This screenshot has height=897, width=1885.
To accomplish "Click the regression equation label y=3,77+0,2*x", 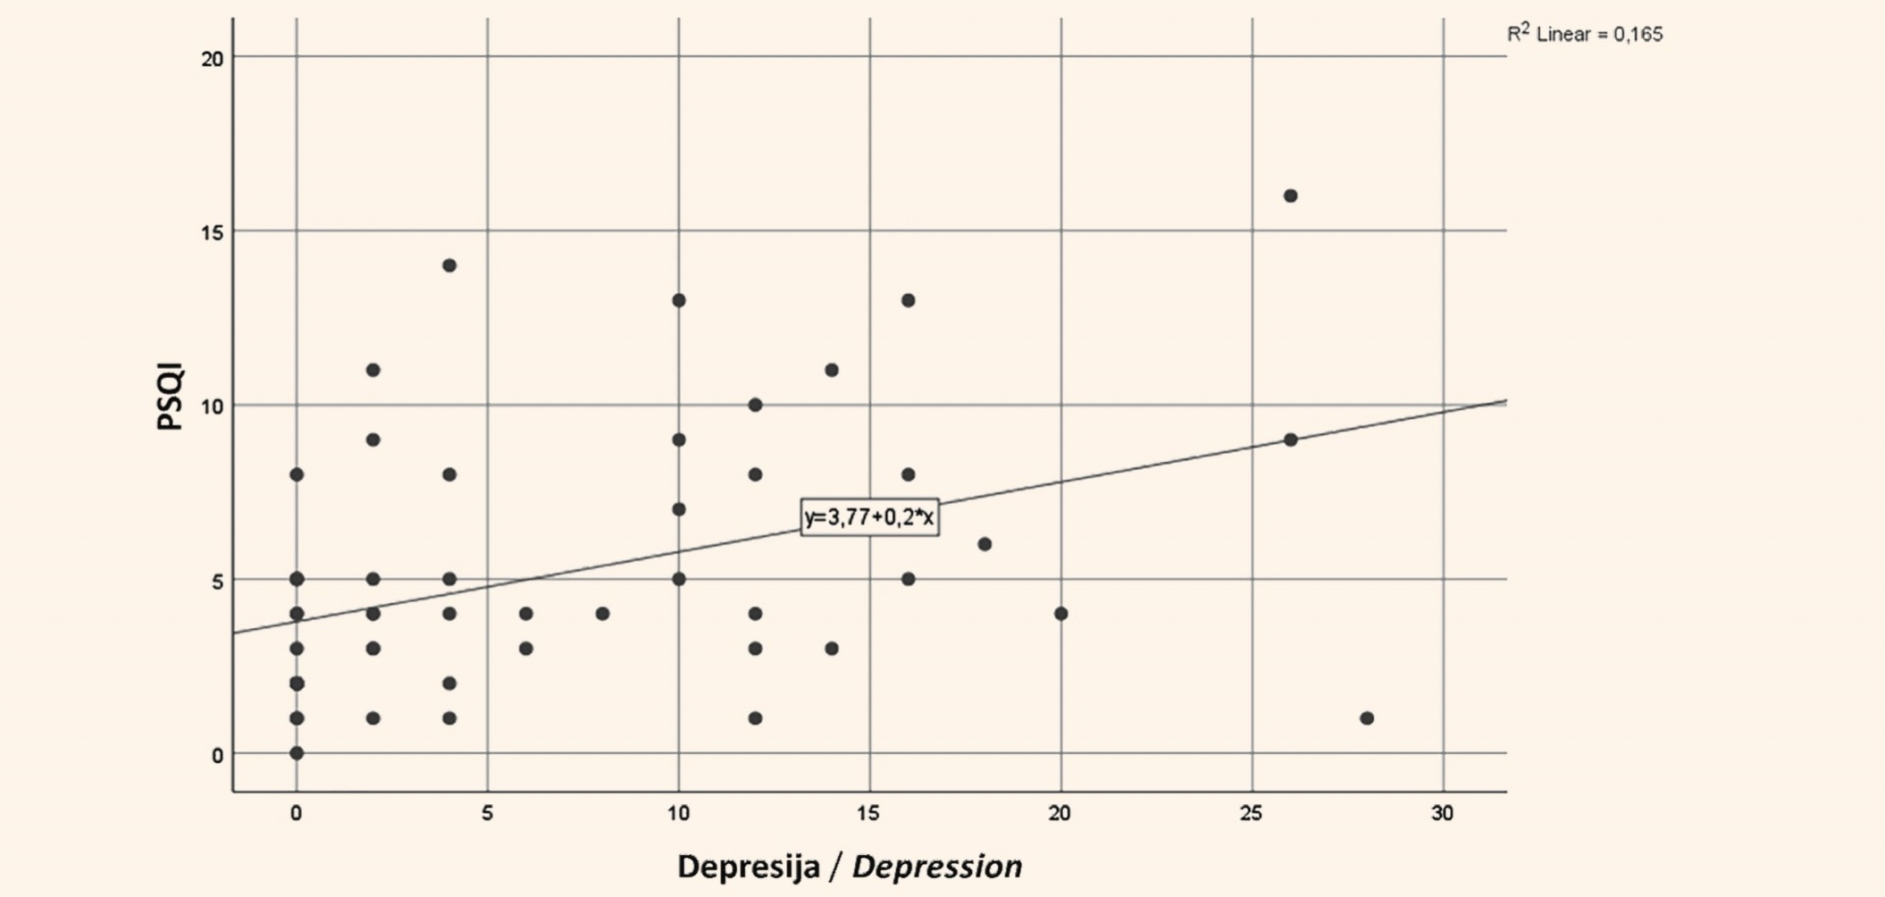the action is click(x=869, y=517).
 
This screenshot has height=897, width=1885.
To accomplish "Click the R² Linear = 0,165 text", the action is click(x=1585, y=34).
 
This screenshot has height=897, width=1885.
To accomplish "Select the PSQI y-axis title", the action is click(x=169, y=397).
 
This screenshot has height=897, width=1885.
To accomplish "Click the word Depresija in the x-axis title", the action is click(x=749, y=866).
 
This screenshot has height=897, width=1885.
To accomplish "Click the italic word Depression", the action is click(x=936, y=866).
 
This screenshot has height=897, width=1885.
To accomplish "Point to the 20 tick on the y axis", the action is click(x=213, y=58).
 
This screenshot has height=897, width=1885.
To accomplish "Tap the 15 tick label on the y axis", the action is click(x=213, y=231).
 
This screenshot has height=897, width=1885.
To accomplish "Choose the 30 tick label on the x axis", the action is click(x=1442, y=813).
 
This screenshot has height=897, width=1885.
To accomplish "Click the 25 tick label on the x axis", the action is click(x=1251, y=813).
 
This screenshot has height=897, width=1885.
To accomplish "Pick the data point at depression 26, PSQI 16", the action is click(x=1290, y=196).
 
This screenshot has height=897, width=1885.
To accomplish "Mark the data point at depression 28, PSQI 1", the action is click(x=1367, y=718).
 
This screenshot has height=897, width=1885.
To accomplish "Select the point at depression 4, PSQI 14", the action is click(x=449, y=265).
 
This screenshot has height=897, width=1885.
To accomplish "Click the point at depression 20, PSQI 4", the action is click(x=1061, y=614).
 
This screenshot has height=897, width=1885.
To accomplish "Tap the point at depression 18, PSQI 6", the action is click(x=984, y=544).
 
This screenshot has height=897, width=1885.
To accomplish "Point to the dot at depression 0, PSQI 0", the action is click(x=297, y=753).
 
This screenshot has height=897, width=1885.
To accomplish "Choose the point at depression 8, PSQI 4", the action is click(x=602, y=614).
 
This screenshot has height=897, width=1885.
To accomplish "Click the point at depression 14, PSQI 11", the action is click(x=832, y=370).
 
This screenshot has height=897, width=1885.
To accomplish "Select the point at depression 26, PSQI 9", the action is click(x=1290, y=440).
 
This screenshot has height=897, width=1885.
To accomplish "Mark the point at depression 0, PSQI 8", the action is click(x=297, y=474).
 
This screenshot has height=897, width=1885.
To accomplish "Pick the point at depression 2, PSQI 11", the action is click(x=373, y=370).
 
